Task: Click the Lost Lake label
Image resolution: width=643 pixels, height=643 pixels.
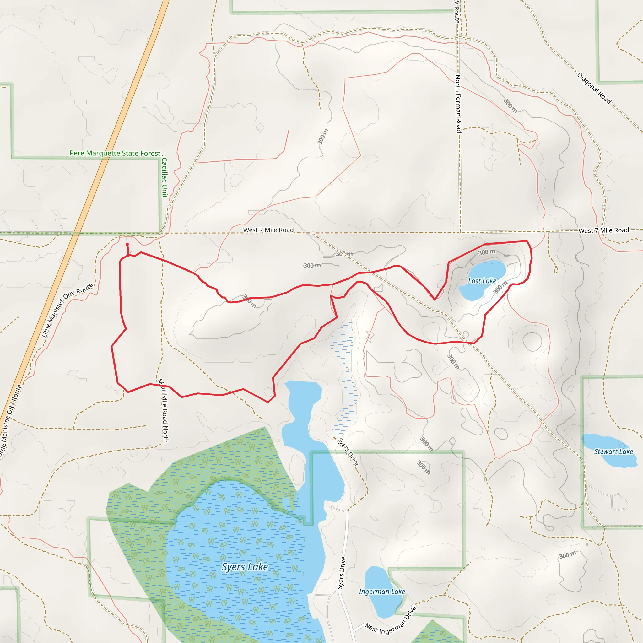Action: [x=482, y=281]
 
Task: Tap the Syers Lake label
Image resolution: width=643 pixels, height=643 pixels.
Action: [x=245, y=566]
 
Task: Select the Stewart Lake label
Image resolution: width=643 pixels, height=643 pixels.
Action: [x=613, y=451]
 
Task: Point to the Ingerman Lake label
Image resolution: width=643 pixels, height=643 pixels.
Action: [x=382, y=592]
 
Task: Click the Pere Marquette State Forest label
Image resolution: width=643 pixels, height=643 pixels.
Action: [x=115, y=153]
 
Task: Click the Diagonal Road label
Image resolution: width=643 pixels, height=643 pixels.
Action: [x=594, y=88]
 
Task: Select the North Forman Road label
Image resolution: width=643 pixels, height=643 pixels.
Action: [x=458, y=104]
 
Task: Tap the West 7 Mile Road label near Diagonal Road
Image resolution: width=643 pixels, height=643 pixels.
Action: [x=603, y=230]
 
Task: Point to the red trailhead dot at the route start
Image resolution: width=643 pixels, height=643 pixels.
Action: [x=127, y=244]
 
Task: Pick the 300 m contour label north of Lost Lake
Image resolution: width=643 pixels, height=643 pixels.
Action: [x=487, y=252]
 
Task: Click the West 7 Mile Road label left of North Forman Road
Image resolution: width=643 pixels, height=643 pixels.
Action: [x=268, y=230]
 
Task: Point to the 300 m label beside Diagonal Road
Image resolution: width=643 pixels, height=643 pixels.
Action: [x=510, y=106]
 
